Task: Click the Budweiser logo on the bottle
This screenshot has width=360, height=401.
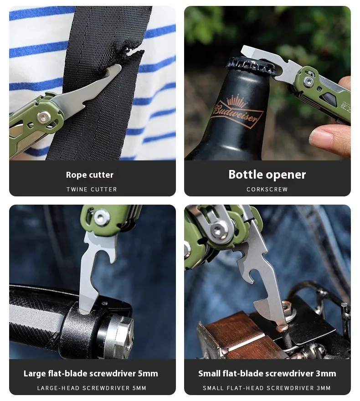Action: click(236, 112)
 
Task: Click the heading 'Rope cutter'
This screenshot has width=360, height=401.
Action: click(90, 175)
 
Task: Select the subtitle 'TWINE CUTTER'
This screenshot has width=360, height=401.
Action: click(92, 190)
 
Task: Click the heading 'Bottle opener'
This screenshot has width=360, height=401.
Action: click(267, 175)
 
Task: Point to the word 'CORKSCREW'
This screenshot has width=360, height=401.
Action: click(267, 190)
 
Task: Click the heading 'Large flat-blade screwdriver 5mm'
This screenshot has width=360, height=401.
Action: click(91, 374)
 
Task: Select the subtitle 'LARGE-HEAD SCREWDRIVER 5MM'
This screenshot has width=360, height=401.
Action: click(92, 388)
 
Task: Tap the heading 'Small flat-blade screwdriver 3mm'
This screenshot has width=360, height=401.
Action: click(267, 374)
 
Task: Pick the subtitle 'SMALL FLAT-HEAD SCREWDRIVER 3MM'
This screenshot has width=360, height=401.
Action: click(267, 388)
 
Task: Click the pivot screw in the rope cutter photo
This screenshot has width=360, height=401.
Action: click(44, 118)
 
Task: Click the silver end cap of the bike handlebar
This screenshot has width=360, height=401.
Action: click(120, 334)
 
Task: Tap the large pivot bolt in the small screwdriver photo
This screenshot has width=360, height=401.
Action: click(218, 231)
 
